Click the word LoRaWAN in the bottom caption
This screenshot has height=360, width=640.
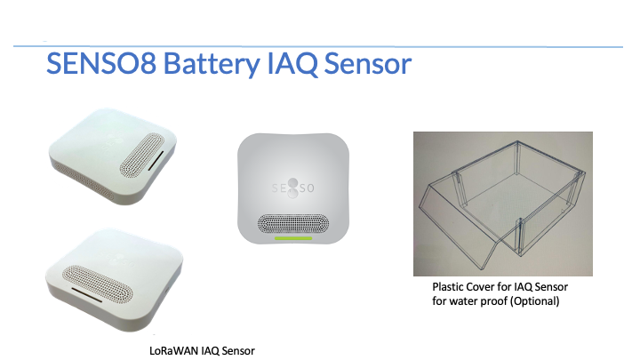tap(172, 350)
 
